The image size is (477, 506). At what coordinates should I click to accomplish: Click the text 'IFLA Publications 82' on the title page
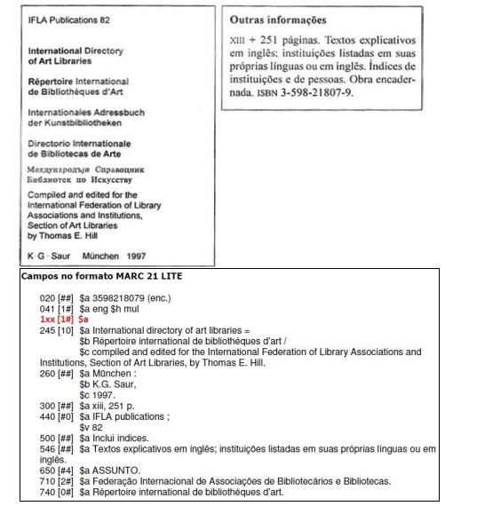pyautogui.click(x=56, y=18)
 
